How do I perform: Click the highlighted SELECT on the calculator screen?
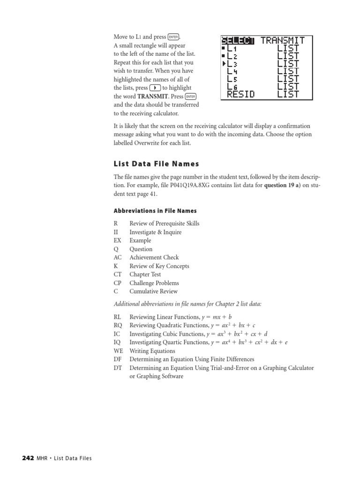point(238,40)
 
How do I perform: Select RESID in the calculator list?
point(241,94)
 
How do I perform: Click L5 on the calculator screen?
point(232,79)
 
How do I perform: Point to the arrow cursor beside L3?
point(224,64)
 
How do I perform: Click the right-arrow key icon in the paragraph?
point(155,88)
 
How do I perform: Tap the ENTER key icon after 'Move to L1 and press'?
point(173,37)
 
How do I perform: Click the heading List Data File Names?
point(156,164)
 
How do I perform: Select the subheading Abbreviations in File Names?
point(155,211)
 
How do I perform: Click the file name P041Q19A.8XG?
point(207,186)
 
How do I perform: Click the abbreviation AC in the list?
point(117,257)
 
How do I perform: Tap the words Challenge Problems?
point(154,283)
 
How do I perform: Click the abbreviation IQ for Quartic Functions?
point(117,342)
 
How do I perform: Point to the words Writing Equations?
point(152,351)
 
